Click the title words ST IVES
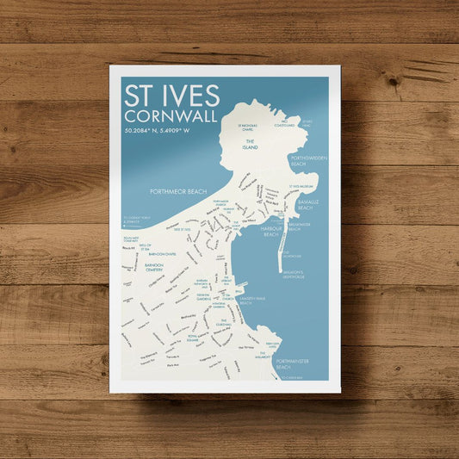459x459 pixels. click(171, 96)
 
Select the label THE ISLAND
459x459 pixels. click(251, 144)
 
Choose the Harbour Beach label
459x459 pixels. click(271, 232)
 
